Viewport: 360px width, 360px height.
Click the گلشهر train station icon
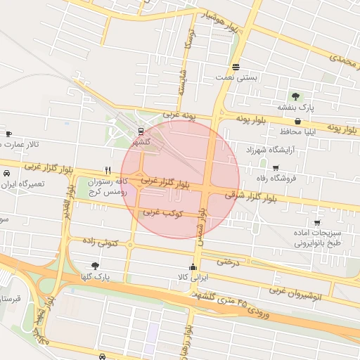pos(141,131)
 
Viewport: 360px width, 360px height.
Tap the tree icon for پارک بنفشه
pos(296,96)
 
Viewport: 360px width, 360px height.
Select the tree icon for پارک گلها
pos(95,266)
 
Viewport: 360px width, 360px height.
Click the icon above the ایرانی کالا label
pos(193,266)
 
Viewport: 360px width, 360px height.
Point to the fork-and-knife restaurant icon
pos(108,169)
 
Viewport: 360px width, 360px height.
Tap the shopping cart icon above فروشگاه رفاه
pos(275,167)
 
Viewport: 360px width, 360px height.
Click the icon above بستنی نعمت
pos(236,67)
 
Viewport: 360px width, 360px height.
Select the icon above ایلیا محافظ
pos(297,121)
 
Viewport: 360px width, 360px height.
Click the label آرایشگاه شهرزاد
pos(273,150)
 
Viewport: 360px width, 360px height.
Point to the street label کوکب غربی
pos(164,212)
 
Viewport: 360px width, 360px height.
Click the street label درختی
pos(229,262)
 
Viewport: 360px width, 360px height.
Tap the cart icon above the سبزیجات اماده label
pos(317,222)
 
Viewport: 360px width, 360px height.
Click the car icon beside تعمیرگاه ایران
pos(6,172)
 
